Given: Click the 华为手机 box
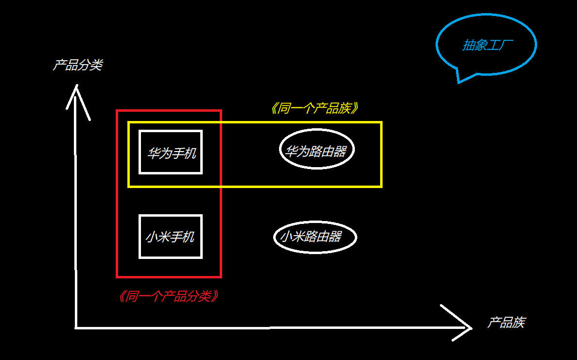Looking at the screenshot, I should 171,152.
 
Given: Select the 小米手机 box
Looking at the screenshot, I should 171,237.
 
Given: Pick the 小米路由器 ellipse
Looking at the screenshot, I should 315,237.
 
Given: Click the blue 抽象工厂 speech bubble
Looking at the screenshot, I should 486,45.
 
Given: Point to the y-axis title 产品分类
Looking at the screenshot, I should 78,65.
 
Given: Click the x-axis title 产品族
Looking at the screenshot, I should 506,323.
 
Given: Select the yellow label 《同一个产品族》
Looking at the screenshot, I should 315,108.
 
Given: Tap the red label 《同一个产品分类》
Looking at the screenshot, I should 168,296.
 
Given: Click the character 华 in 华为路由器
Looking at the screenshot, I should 291,151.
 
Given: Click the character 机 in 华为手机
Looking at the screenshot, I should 190,154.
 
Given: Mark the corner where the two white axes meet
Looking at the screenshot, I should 76,327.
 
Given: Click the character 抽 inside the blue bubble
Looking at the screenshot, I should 468,46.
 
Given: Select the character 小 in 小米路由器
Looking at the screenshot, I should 286,237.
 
